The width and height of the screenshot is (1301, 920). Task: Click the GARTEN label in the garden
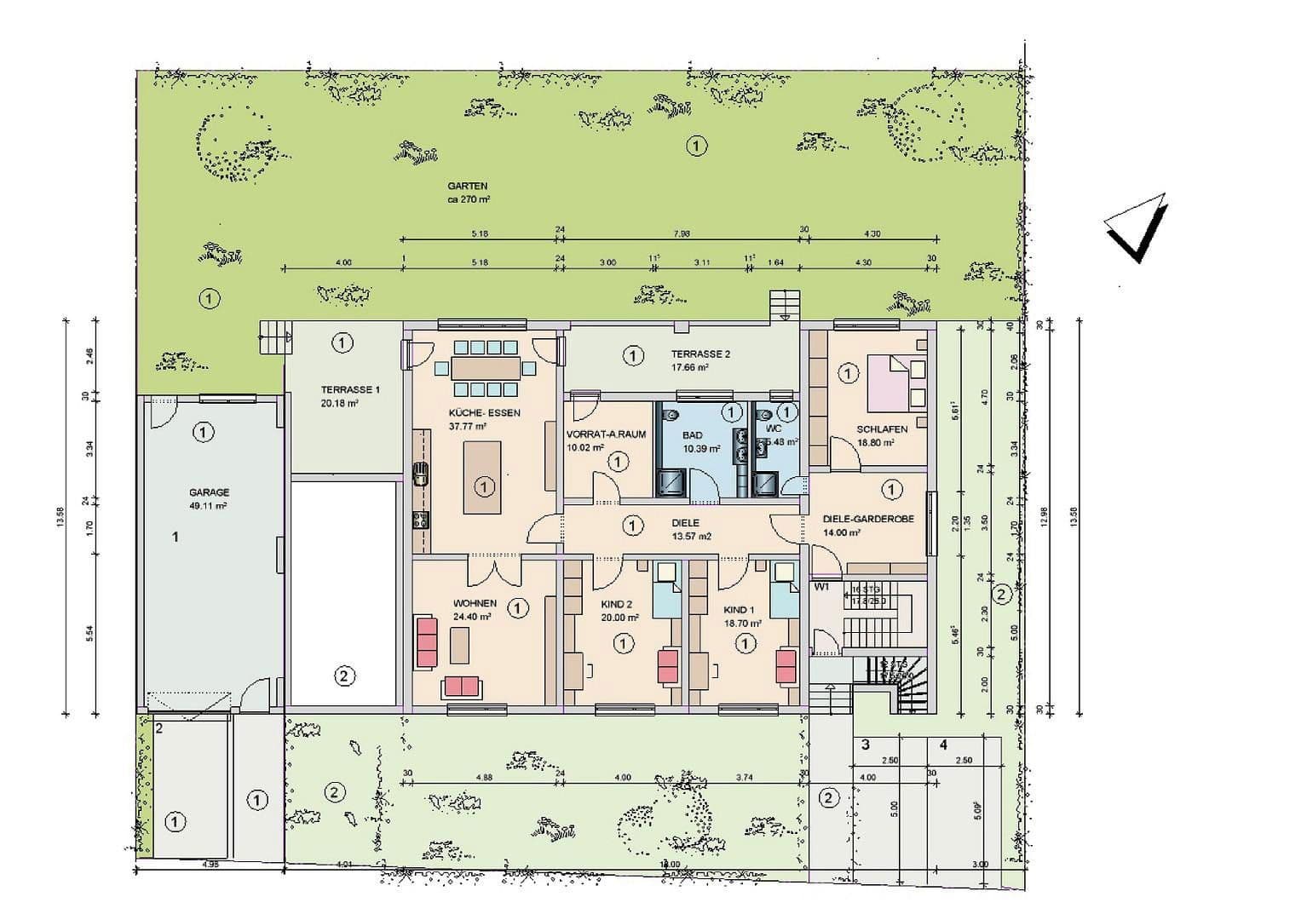tap(468, 186)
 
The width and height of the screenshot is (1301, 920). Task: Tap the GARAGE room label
tap(209, 492)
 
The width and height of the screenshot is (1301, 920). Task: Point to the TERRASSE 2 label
tap(700, 354)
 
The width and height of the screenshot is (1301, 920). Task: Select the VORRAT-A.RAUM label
tap(606, 434)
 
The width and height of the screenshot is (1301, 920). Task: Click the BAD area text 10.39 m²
tap(701, 448)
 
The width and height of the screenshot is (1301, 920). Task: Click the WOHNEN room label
tap(475, 603)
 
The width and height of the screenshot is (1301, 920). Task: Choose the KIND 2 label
tap(616, 604)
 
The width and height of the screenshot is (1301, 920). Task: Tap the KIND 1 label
tap(739, 610)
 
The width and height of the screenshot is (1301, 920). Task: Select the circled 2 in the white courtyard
tap(343, 676)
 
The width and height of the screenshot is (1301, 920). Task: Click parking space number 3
tap(866, 745)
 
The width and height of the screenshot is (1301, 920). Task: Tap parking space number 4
tap(943, 745)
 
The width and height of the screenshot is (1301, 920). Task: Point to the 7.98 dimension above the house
tap(682, 233)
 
